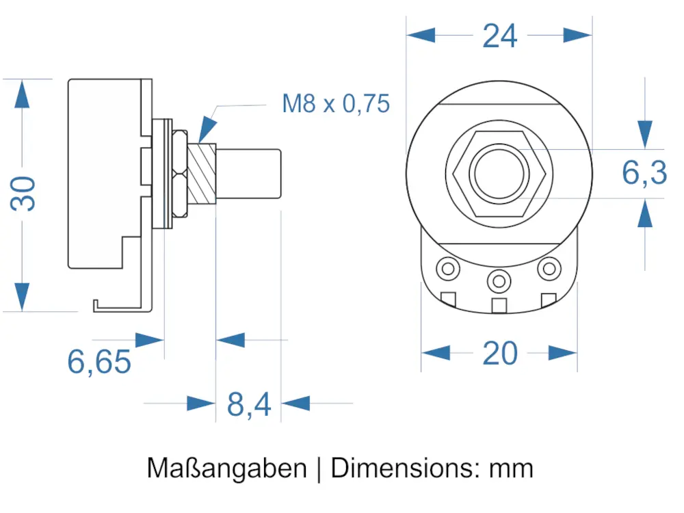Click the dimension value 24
click(500, 36)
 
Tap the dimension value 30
click(24, 194)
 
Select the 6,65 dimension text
click(98, 361)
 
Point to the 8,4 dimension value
click(249, 405)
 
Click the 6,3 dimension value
click(644, 172)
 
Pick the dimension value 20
click(500, 354)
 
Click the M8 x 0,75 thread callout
click(336, 104)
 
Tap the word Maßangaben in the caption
click(226, 469)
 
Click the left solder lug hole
click(448, 268)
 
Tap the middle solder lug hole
click(499, 279)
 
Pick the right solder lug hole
click(549, 268)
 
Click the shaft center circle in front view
click(499, 174)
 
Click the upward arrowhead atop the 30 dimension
click(23, 94)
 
